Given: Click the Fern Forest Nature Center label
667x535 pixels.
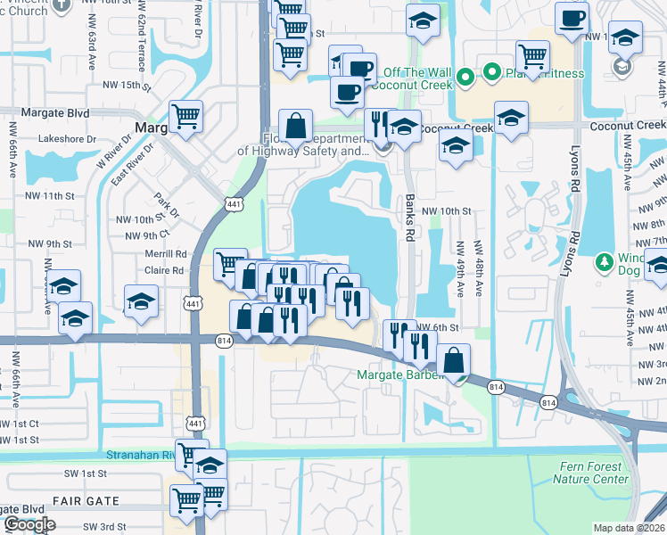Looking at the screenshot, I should click(x=590, y=473).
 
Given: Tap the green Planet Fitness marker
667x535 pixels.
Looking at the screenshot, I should click(x=490, y=73).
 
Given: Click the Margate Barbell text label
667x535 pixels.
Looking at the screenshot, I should click(x=400, y=374).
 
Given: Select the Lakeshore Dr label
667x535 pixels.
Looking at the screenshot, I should click(x=68, y=139).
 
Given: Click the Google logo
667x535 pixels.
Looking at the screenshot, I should click(x=29, y=524).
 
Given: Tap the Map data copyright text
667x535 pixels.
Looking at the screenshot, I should click(x=630, y=528).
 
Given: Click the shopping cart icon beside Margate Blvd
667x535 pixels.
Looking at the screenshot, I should click(x=185, y=116).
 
